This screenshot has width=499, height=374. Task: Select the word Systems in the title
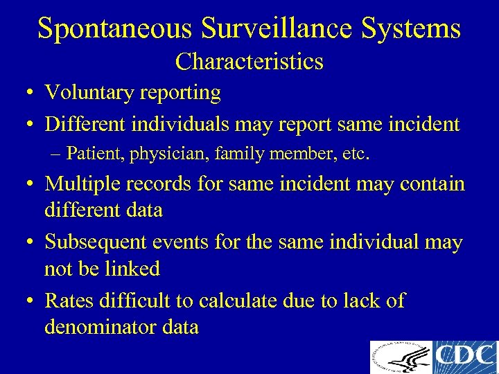point(408,29)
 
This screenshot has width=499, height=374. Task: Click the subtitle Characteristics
point(249,62)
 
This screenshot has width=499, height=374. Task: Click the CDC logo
point(465,357)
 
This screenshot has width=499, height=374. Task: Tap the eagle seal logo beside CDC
point(401,357)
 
